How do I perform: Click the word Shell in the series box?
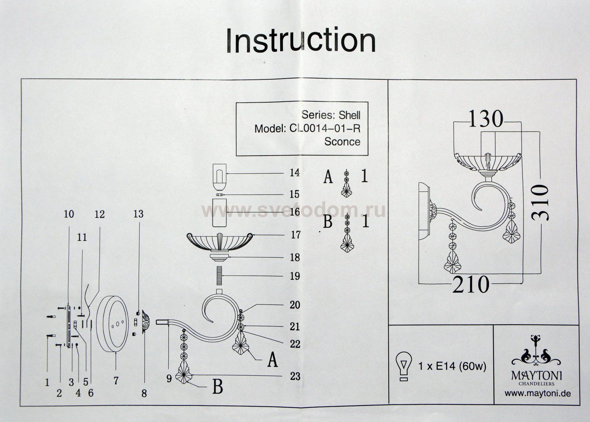pos(347,115)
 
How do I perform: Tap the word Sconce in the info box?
pos(342,141)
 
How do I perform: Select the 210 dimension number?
pos(470,284)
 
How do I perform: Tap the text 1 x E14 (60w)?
pos(452,366)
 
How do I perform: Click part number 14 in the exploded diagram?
pos(295,172)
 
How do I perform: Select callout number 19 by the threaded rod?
pos(295,276)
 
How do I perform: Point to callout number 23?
pos(295,376)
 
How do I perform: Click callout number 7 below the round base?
pos(116,380)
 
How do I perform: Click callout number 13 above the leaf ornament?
pos(138,214)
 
